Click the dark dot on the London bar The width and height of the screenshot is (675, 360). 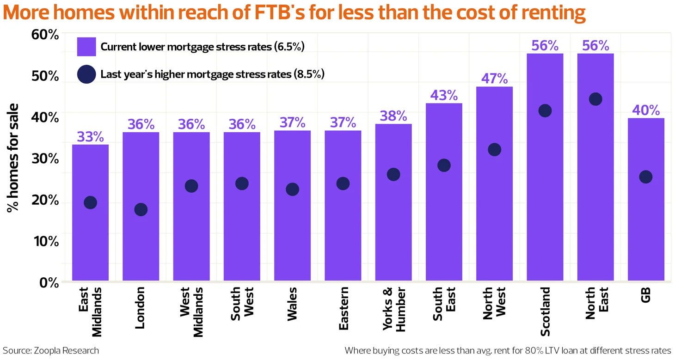point(141,209)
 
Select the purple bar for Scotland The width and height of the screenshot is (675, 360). point(545,185)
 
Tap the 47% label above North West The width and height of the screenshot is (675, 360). point(494,79)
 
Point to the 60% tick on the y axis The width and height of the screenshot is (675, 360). point(45,35)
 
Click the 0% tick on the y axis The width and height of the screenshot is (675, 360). point(48,282)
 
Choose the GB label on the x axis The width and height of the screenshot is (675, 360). point(646,295)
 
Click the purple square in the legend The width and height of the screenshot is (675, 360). point(86,47)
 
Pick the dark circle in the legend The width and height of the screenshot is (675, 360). point(86,74)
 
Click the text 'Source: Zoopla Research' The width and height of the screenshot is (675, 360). point(51,350)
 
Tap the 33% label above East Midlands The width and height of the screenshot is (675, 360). point(90,137)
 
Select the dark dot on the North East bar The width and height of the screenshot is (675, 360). point(595,99)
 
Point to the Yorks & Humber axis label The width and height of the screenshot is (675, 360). point(393,309)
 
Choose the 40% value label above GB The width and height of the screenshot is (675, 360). point(646,110)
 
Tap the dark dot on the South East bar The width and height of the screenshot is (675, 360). point(444,165)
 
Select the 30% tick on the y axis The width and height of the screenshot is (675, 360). point(45,159)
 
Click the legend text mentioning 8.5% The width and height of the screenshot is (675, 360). point(212,74)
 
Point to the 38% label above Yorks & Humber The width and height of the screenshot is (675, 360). point(393,116)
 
